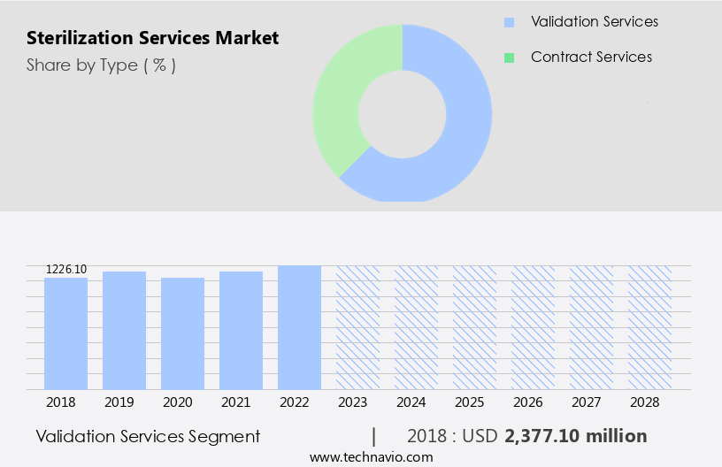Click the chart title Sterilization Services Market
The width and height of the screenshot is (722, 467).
click(x=152, y=38)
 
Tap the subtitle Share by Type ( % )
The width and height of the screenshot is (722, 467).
click(x=101, y=65)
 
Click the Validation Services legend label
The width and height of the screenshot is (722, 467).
click(x=594, y=21)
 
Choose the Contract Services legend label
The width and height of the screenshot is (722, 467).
click(x=591, y=57)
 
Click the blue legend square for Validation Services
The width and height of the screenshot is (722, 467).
click(x=509, y=22)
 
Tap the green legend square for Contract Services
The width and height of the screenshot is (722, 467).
click(x=509, y=57)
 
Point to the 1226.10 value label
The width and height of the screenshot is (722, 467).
click(x=66, y=269)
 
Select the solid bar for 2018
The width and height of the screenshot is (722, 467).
click(x=66, y=333)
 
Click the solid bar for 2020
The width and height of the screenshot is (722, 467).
click(x=183, y=333)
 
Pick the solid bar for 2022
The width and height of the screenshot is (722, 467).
click(x=300, y=327)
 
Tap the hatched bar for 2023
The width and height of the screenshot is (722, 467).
click(x=358, y=327)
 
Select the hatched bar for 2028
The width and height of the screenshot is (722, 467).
click(x=650, y=327)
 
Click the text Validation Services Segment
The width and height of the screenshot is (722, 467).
click(x=148, y=436)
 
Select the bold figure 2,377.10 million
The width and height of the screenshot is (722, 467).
click(x=575, y=436)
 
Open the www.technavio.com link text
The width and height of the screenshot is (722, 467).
click(x=372, y=457)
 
